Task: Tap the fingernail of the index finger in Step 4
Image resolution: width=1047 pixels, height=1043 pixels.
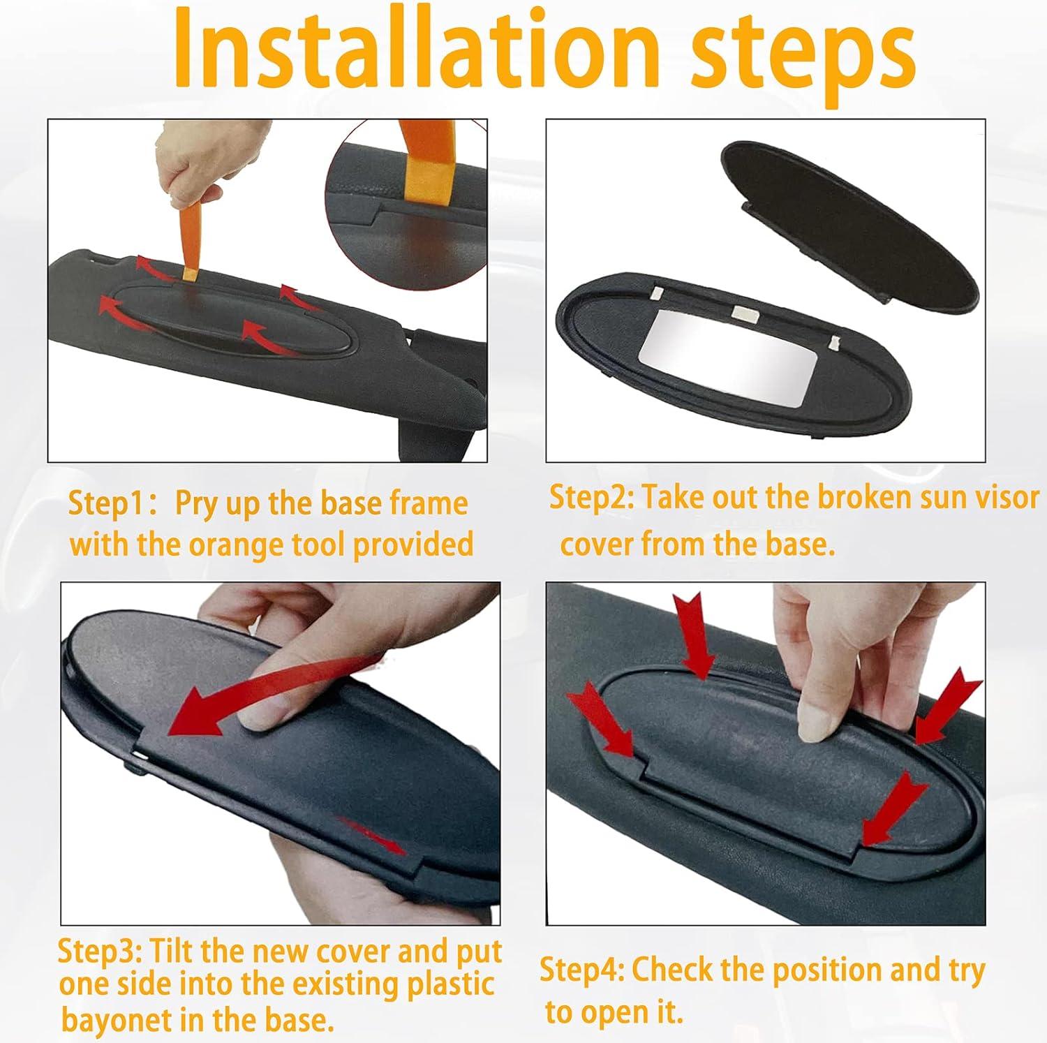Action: [x=810, y=722]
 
